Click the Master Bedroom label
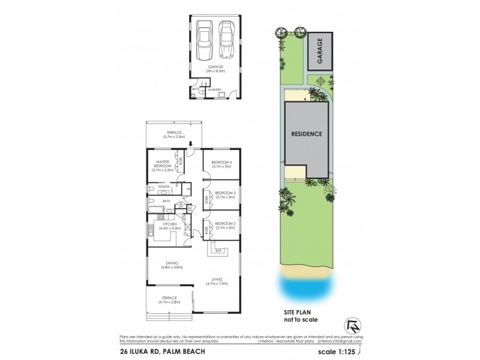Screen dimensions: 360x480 [x=164, y=163]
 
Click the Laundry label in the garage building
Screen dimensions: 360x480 [x=215, y=90]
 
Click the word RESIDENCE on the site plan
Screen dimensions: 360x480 [x=308, y=134]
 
